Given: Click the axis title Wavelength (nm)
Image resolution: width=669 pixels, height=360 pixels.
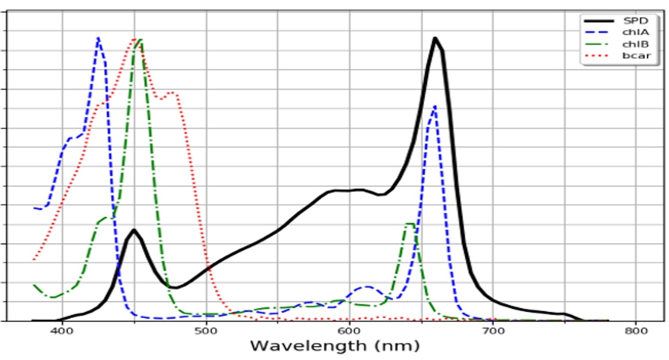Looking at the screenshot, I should click(334, 346).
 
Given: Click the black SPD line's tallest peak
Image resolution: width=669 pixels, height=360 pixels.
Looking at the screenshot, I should click(435, 38).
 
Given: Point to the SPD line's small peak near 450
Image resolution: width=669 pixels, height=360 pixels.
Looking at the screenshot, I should click(134, 230).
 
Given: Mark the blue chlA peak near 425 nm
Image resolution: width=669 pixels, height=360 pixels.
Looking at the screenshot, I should click(98, 38).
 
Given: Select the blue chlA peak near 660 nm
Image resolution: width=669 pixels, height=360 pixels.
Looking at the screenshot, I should click(434, 106).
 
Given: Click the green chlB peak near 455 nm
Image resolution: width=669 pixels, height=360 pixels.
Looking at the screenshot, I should click(140, 40).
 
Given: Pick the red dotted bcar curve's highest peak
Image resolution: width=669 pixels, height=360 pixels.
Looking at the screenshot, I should click(134, 39).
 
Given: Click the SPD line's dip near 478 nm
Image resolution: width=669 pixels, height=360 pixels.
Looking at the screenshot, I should click(174, 288).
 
